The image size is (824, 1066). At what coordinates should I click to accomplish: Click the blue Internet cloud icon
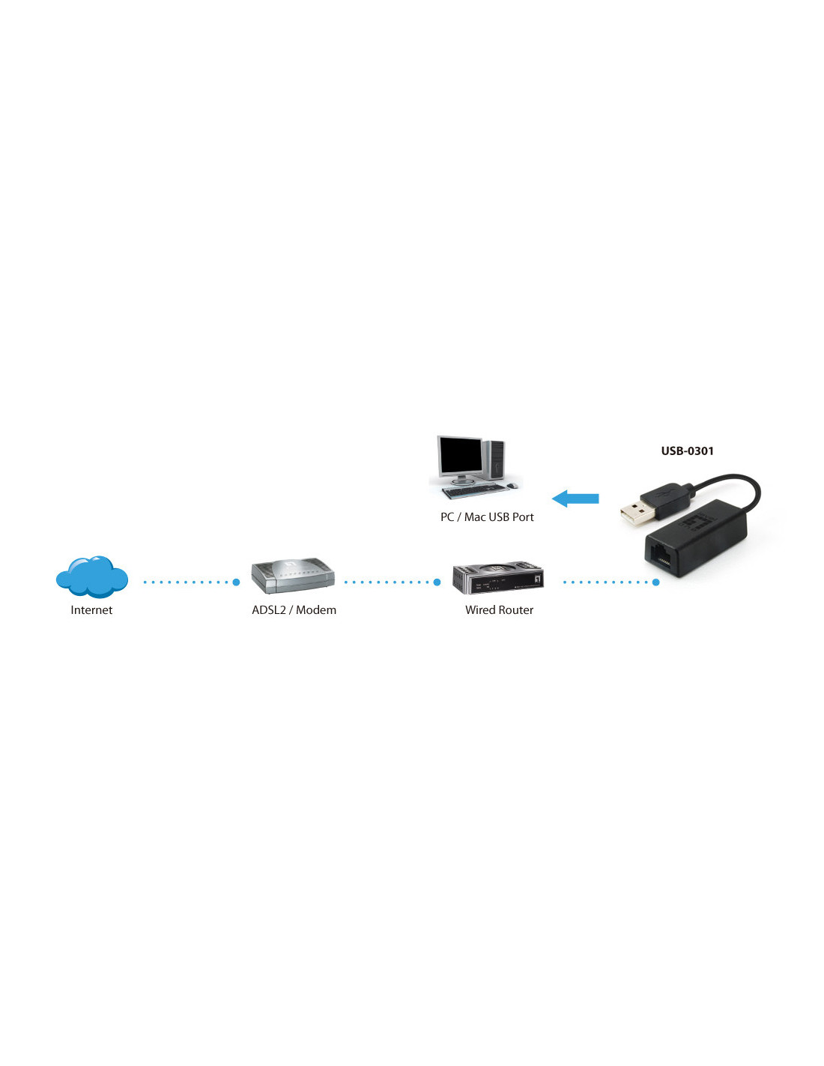coord(91,577)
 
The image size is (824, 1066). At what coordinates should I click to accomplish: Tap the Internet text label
coord(91,609)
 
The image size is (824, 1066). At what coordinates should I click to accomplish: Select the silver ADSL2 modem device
coord(293,576)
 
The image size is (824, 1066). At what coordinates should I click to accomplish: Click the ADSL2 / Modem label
coord(294,609)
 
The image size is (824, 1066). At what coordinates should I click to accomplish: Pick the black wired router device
coord(497,577)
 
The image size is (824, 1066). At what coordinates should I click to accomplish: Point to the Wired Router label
coord(499,609)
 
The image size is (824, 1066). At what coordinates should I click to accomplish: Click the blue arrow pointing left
coord(575,499)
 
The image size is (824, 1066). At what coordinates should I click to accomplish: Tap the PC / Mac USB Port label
coord(487,517)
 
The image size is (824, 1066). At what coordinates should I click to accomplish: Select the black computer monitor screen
coord(461,455)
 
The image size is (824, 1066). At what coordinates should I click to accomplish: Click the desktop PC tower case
coord(494,460)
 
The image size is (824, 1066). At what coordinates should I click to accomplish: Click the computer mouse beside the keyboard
coord(512,486)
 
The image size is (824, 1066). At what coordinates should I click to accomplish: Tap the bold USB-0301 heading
coord(687,451)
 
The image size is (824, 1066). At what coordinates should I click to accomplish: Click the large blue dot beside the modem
coord(236,582)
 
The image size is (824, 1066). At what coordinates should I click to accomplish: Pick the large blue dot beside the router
coord(437,582)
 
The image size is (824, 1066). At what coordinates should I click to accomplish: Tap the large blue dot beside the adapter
coord(656,582)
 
